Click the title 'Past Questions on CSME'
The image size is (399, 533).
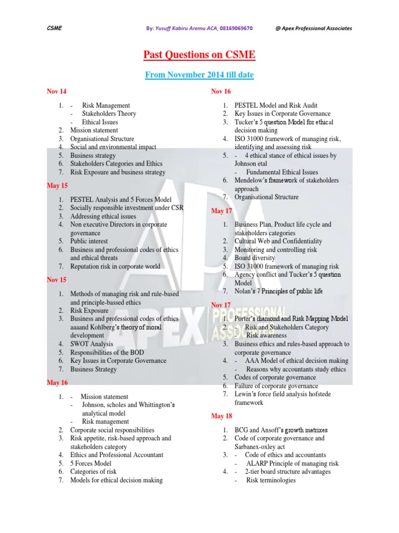click(x=199, y=55)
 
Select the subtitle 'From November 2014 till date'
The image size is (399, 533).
click(x=199, y=75)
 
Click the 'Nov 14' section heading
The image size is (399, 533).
click(x=57, y=92)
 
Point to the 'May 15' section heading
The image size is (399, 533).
click(x=57, y=186)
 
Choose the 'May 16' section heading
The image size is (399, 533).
click(x=57, y=383)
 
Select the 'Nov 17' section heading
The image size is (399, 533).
click(x=221, y=304)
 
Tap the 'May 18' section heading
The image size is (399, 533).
click(x=221, y=416)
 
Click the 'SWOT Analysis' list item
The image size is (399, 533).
click(x=91, y=344)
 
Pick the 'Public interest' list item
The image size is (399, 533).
click(x=89, y=241)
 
